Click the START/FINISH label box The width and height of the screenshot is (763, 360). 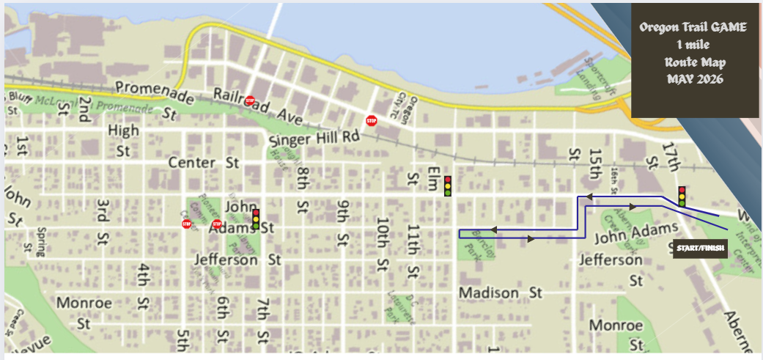click(700, 249)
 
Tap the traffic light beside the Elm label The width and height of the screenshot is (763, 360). click(448, 186)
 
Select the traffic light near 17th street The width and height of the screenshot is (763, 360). click(682, 196)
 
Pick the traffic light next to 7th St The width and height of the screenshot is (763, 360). click(256, 219)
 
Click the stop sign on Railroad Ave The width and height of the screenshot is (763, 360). click(250, 100)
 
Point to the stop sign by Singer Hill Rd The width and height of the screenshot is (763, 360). click(371, 120)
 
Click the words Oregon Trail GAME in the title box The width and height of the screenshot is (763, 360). click(693, 28)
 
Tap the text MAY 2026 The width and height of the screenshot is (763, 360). click(693, 78)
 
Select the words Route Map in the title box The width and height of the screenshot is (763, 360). click(693, 62)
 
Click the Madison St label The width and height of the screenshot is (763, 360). click(500, 293)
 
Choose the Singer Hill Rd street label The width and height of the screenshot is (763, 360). click(314, 137)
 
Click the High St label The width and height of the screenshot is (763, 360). click(123, 141)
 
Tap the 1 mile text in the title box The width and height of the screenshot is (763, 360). click(693, 45)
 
